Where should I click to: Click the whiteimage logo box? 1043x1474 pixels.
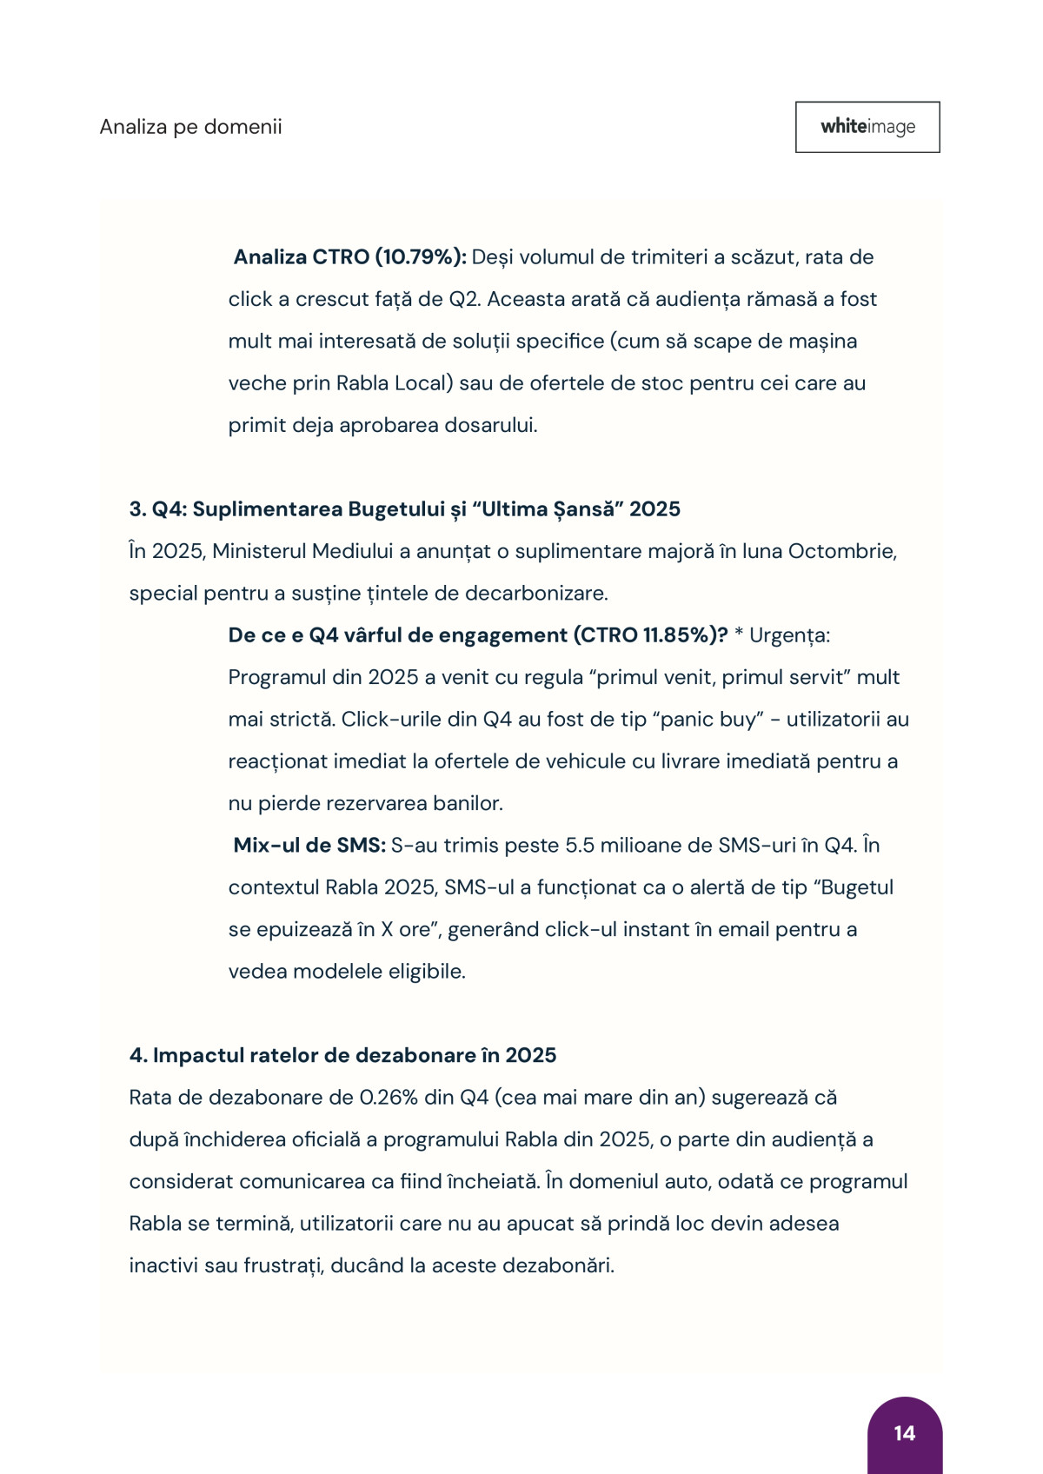click(x=867, y=127)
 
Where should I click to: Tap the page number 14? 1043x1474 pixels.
click(x=904, y=1433)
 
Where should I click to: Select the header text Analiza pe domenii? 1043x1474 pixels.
click(x=190, y=127)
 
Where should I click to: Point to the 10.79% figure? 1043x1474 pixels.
click(x=421, y=257)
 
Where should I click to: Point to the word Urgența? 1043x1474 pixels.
click(x=788, y=635)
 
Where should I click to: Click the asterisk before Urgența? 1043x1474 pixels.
click(x=739, y=634)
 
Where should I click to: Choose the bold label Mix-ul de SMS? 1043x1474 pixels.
click(x=309, y=846)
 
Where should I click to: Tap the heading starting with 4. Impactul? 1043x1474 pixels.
click(x=342, y=1055)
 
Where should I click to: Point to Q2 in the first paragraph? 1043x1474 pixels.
click(x=464, y=300)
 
